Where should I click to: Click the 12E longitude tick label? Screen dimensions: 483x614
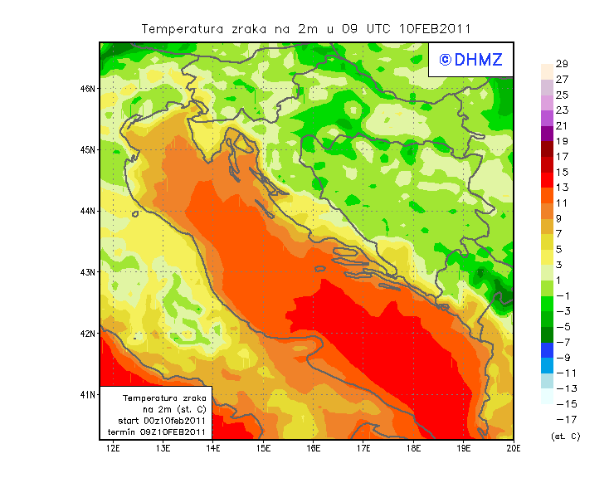click(114, 448)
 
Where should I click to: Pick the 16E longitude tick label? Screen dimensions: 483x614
click(314, 448)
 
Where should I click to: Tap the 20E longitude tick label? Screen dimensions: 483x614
click(514, 448)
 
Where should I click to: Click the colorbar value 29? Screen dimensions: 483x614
click(561, 64)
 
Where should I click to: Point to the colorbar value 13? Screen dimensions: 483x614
click(561, 188)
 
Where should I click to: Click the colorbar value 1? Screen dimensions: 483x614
click(561, 281)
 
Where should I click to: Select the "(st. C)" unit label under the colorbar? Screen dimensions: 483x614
click(565, 436)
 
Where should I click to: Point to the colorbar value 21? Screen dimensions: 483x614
click(561, 126)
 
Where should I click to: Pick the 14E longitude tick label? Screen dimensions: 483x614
click(213, 448)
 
